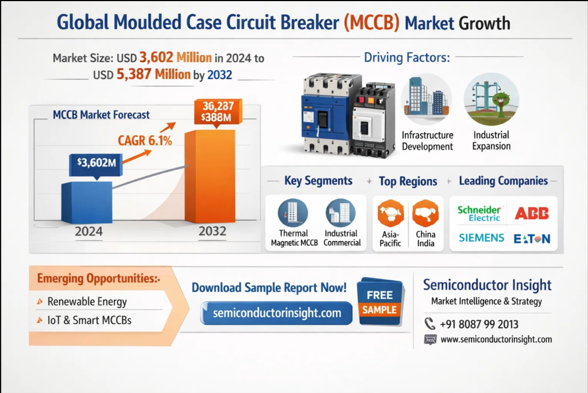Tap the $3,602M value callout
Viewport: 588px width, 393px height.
coord(96,164)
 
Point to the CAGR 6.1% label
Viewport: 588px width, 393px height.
coord(144,140)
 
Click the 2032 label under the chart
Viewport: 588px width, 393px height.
coord(212,231)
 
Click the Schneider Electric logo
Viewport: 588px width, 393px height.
coord(479,213)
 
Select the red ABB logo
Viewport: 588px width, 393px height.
coord(531,213)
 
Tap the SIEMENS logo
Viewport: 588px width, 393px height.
coord(481,238)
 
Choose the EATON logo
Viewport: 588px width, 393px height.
coord(532,238)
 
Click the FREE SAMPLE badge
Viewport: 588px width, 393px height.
coord(379,302)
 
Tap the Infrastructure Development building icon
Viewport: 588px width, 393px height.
coord(426,99)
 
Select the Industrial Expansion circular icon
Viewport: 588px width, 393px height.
coord(491,99)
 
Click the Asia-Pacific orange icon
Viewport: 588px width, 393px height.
coord(390,213)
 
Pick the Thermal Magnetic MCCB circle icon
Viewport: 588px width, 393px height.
coord(293,213)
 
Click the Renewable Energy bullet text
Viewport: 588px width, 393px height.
coord(87,302)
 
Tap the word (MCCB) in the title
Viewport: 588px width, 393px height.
coord(371,23)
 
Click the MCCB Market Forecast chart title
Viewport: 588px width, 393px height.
coord(101,115)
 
